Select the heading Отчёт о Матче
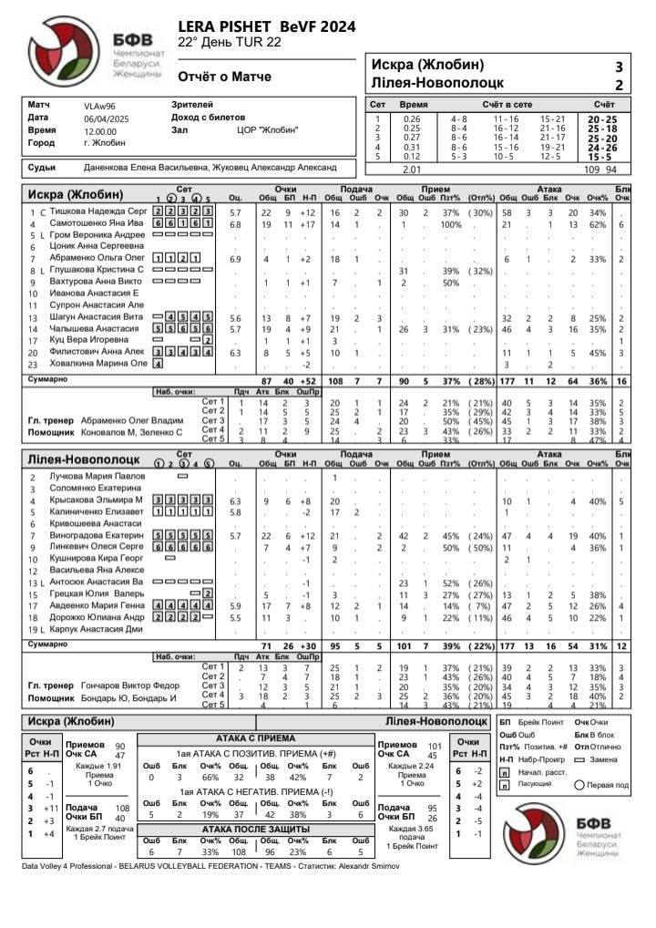coord(224,77)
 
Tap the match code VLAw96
coord(99,106)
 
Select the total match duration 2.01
coord(413,169)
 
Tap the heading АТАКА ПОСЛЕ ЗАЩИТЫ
coord(254,829)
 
